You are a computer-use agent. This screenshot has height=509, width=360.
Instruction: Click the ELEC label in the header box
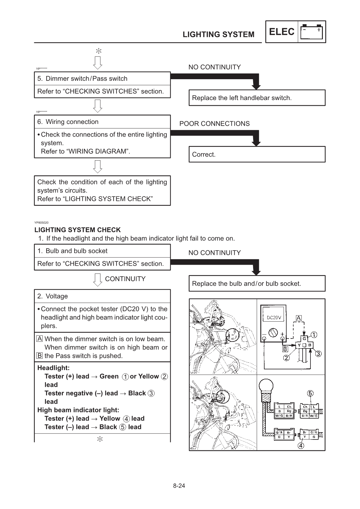tap(281, 32)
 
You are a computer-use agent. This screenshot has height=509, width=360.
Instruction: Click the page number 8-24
tap(179, 486)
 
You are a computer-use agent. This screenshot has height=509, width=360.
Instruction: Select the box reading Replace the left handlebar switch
tap(257, 98)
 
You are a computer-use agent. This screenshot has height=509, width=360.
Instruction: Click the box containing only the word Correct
tap(257, 154)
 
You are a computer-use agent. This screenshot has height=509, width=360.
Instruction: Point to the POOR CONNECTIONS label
tap(214, 124)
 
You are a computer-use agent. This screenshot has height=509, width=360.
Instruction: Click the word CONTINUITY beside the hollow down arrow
tap(125, 279)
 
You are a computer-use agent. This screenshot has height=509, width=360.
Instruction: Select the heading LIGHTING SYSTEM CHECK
tap(78, 230)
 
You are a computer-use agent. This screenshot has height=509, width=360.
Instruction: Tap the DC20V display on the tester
tap(274, 317)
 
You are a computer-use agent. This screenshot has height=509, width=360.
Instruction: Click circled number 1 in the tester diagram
tap(314, 335)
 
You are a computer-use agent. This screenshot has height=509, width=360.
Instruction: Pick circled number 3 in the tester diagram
tap(318, 353)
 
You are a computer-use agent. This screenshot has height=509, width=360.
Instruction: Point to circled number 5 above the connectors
tap(310, 393)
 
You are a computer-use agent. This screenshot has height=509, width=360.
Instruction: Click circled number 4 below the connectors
tap(301, 445)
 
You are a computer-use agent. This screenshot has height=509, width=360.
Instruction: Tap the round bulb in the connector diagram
tap(265, 385)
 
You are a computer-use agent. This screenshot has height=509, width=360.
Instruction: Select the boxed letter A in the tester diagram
tap(299, 318)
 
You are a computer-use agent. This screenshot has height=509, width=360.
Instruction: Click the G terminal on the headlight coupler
tap(304, 339)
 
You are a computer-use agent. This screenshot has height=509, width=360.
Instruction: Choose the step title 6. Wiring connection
tap(68, 122)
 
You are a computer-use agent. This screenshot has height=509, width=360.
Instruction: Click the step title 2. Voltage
tap(53, 296)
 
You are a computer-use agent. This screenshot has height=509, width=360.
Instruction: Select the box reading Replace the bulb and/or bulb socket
tap(257, 284)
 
